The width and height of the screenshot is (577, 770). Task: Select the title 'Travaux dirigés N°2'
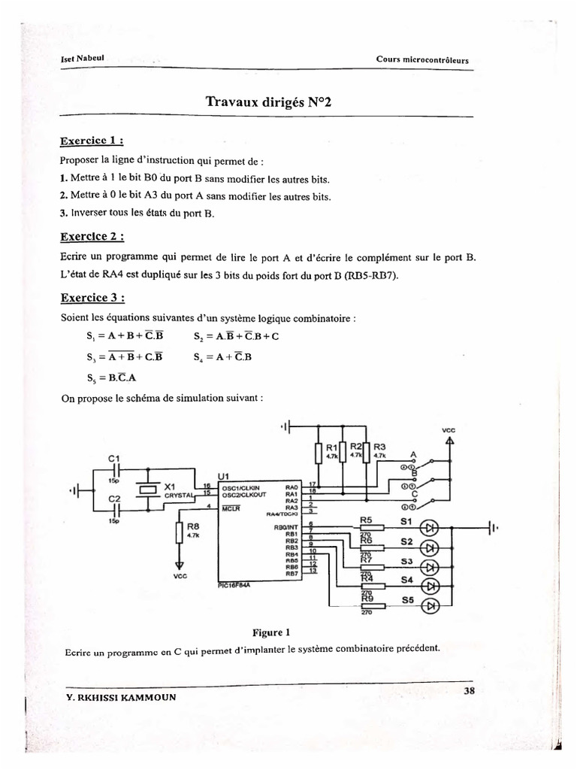click(x=267, y=103)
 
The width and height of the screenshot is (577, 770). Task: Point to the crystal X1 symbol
click(x=148, y=490)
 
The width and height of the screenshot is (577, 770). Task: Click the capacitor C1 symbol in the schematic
click(x=115, y=471)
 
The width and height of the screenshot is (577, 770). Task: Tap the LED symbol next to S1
click(x=431, y=527)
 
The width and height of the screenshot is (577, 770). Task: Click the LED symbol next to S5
click(x=431, y=605)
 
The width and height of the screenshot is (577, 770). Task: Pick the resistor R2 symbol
click(x=343, y=453)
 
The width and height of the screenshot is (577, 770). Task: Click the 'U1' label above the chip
click(x=223, y=476)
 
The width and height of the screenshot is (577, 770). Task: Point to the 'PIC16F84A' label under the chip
click(x=234, y=590)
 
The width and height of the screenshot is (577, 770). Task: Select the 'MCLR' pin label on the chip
click(x=231, y=508)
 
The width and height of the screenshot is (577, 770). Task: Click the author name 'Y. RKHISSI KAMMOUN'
click(x=122, y=696)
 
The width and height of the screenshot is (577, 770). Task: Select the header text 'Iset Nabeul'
click(x=82, y=61)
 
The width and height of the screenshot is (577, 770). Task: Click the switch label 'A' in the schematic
click(x=412, y=455)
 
